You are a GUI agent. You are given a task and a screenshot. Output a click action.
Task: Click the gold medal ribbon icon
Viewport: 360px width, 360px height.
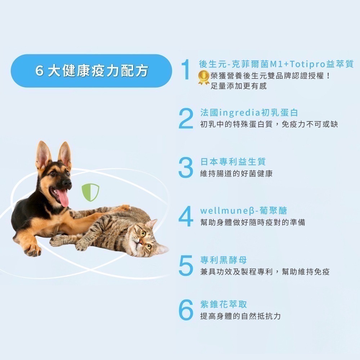pyautogui.click(x=204, y=78)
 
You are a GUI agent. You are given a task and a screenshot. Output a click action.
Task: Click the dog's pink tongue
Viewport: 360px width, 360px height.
pyautogui.click(x=63, y=198)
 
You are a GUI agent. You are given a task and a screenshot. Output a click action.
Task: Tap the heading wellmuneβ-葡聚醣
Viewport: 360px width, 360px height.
pyautogui.click(x=244, y=211)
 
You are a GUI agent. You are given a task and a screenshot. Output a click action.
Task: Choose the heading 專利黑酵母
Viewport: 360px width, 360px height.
pyautogui.click(x=224, y=260)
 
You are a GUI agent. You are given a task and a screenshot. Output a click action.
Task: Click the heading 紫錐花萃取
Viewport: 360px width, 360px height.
pyautogui.click(x=224, y=304)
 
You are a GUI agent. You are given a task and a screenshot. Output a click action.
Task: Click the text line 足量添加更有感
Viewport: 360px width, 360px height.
pyautogui.click(x=239, y=86)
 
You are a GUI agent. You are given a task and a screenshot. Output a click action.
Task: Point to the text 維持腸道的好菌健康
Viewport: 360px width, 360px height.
pyautogui.click(x=237, y=174)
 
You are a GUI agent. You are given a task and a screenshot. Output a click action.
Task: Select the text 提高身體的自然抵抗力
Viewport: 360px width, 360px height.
pyautogui.click(x=240, y=316)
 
